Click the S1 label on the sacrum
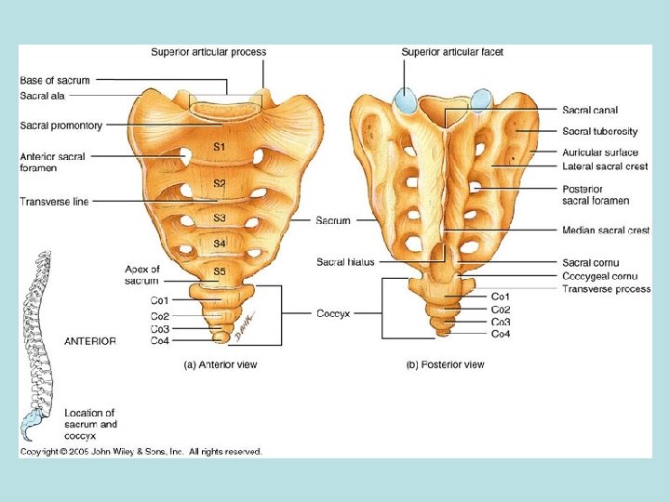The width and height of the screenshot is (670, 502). point(220,147)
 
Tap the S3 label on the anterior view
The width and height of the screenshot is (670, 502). point(220,218)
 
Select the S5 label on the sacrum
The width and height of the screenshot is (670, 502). point(220,271)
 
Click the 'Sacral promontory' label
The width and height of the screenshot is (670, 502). point(61,125)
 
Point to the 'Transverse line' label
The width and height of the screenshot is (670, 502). point(54,202)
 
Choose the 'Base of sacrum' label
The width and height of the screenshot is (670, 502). point(54,81)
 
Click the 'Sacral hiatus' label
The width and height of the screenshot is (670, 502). point(345,262)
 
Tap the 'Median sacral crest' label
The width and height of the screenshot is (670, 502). point(606,230)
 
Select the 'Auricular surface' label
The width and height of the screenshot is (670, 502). point(600,152)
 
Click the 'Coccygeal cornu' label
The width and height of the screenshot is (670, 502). point(599,276)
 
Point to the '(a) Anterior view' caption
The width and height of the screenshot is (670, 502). point(220,365)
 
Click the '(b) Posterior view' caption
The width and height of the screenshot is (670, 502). point(445,365)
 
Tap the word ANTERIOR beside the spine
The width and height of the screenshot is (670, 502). point(90,341)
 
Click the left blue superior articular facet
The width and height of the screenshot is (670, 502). point(406,100)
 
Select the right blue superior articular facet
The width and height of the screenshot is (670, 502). point(481,99)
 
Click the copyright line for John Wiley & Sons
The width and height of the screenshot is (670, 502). point(141,452)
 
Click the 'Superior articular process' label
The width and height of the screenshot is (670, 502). point(208,52)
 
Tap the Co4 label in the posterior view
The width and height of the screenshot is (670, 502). point(501,333)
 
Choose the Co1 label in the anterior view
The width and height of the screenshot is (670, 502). point(159,300)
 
